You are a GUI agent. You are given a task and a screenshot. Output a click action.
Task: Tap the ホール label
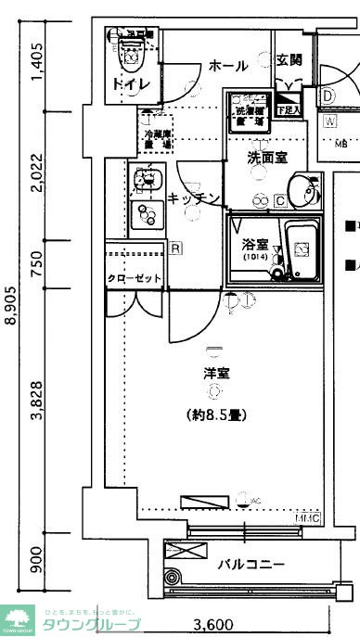(227, 66)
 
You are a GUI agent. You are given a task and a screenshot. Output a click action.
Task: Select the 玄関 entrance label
(289, 60)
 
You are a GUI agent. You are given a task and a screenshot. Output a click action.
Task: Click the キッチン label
(194, 198)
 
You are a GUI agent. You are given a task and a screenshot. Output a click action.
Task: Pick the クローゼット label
(135, 278)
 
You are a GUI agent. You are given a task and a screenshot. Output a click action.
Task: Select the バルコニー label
(251, 563)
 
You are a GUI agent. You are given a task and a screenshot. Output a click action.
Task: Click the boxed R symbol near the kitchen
(175, 248)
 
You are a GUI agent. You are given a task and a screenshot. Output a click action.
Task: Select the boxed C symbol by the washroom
(279, 198)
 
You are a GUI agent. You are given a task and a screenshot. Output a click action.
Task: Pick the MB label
(340, 143)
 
